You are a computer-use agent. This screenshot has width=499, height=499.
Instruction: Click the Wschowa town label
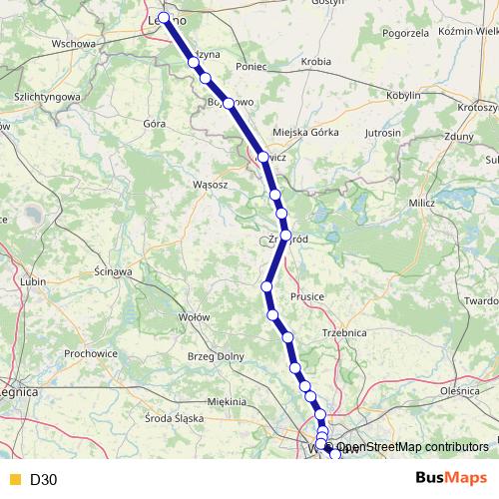click(72, 44)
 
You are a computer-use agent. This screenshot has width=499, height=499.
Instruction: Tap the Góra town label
click(154, 124)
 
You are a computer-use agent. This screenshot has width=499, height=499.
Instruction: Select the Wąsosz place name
click(211, 185)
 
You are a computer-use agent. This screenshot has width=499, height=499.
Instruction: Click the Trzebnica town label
click(345, 332)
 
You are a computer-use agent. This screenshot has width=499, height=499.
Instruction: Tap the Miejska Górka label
click(300, 134)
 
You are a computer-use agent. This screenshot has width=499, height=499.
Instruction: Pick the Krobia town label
click(315, 61)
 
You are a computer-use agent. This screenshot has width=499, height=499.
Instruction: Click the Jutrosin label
click(383, 132)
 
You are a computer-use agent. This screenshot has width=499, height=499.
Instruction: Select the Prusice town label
click(307, 296)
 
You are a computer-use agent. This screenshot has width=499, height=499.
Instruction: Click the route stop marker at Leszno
click(164, 19)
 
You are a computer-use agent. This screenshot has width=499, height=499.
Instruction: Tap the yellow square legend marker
click(14, 480)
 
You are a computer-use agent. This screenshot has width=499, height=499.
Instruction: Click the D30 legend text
click(44, 480)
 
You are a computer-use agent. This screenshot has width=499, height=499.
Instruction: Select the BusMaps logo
click(450, 479)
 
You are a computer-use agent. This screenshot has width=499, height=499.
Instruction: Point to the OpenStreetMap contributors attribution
click(412, 447)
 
